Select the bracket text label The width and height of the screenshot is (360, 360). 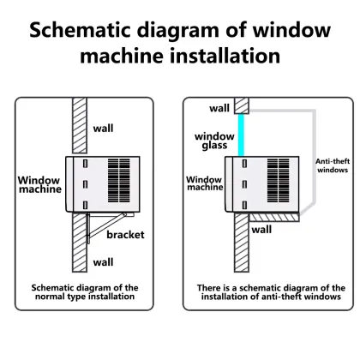[125, 234]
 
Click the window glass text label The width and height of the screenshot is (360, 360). [214, 141]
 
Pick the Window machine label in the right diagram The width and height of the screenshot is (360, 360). [205, 183]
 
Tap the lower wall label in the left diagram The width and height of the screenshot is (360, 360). [104, 261]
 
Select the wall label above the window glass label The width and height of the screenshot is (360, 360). [219, 108]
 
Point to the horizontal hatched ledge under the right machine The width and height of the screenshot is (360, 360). [273, 219]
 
